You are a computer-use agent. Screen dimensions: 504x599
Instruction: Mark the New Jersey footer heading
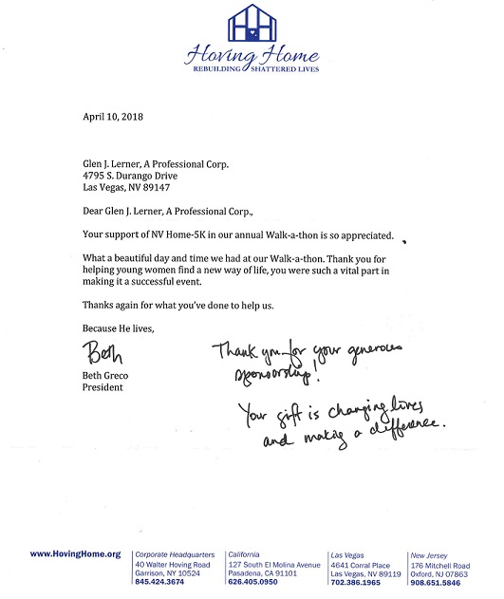point(431,552)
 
